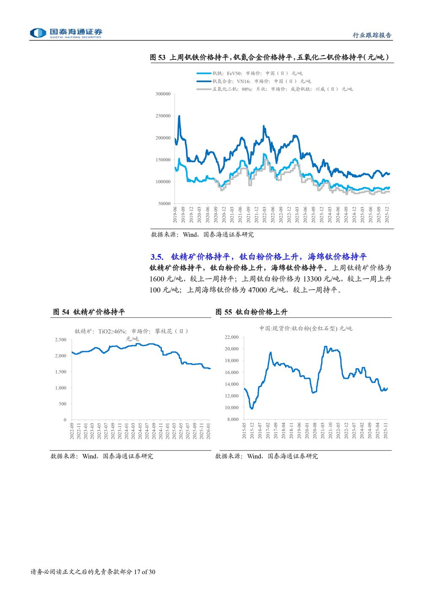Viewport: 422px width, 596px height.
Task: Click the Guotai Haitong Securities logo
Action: coord(66,33)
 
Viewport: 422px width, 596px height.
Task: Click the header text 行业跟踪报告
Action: coord(372,35)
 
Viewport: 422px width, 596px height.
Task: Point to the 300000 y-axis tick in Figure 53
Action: coord(163,94)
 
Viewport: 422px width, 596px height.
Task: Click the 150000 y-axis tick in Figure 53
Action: coord(163,160)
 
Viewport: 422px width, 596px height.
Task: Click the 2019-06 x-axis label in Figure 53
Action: coord(175,215)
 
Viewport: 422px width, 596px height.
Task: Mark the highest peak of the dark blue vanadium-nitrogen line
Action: coord(179,116)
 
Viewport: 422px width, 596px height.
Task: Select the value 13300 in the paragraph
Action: coord(313,279)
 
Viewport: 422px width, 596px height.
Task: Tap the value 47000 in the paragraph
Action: coord(257,290)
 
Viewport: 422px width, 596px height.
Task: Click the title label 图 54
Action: coord(61,312)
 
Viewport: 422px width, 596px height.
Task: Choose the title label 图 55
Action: coord(224,312)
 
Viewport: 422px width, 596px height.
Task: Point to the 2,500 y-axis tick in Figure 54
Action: coord(61,340)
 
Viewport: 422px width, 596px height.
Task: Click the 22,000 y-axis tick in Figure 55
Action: coord(232,337)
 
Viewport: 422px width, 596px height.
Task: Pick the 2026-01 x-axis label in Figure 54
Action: coord(208,432)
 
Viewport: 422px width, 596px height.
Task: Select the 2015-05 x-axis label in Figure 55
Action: coord(244,431)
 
